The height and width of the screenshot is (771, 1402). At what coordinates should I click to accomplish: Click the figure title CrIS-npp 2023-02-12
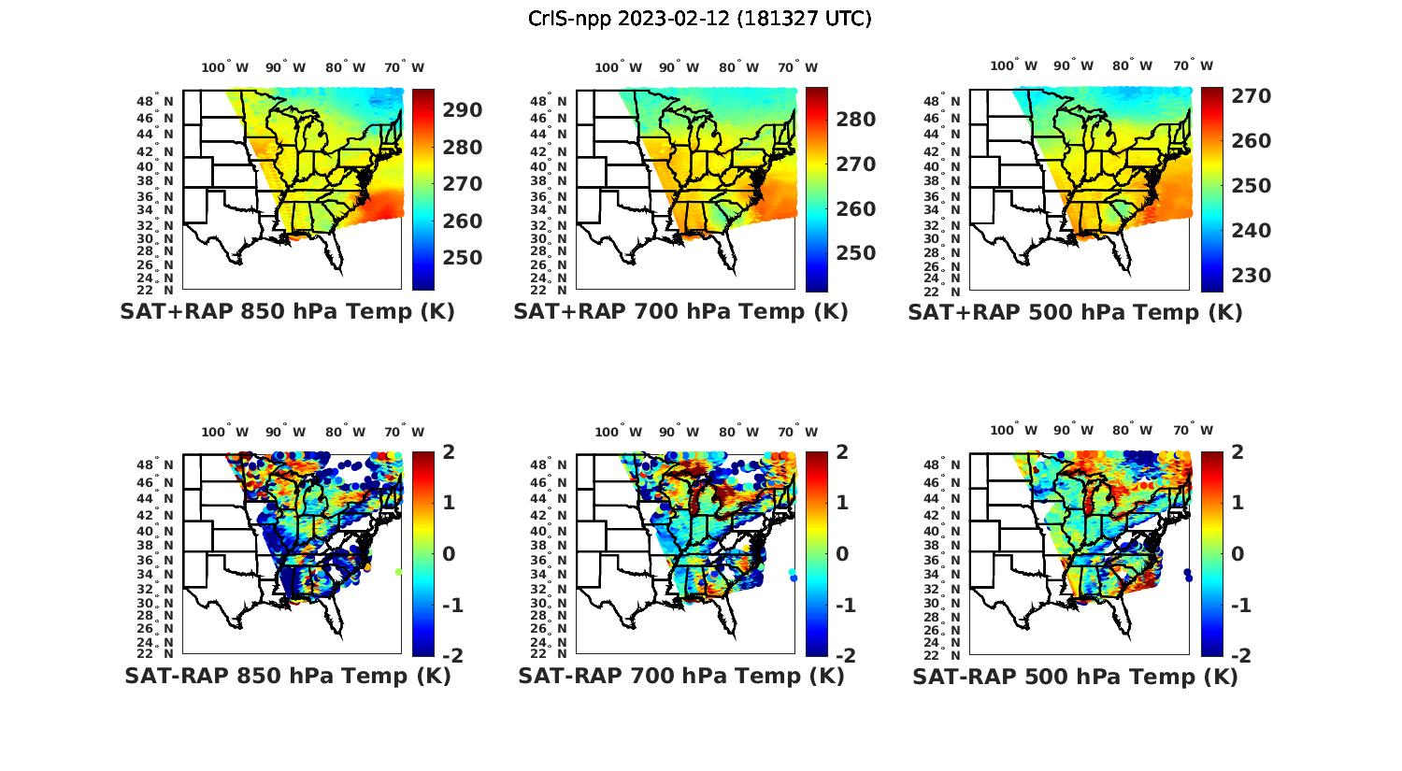(699, 19)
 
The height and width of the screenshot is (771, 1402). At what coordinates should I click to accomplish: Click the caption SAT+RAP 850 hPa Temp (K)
(287, 312)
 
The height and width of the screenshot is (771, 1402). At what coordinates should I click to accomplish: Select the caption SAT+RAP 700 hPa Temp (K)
(680, 312)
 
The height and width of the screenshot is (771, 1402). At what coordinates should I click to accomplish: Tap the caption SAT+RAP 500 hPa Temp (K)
(1075, 312)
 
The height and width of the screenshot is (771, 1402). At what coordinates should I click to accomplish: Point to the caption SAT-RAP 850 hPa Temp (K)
(287, 676)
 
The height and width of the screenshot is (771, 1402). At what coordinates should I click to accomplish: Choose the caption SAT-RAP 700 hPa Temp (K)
(680, 676)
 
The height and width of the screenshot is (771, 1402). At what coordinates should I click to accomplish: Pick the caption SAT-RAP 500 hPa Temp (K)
(1075, 676)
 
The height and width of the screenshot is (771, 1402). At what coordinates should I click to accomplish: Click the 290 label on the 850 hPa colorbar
(462, 110)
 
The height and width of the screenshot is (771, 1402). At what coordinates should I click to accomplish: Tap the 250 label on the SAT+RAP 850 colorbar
(462, 258)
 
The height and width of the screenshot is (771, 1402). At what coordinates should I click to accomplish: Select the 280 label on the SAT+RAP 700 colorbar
(855, 120)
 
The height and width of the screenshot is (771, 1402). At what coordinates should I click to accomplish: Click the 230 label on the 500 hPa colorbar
(1251, 276)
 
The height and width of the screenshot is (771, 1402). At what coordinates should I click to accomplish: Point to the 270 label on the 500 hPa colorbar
(1251, 96)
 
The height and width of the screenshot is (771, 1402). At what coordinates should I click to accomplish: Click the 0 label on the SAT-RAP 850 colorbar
(449, 554)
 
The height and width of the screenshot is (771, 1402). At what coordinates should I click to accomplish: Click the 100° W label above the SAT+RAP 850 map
(225, 67)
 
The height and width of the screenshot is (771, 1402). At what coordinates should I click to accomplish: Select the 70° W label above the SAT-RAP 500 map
(1194, 431)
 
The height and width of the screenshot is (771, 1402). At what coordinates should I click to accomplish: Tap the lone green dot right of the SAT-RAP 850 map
(399, 572)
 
